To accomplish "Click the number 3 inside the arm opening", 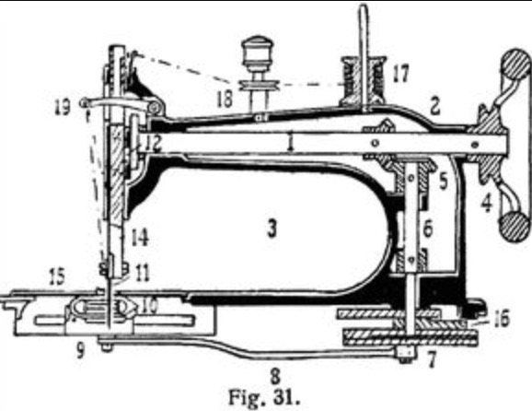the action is coord(272,229).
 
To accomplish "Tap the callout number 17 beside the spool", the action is coord(400,73).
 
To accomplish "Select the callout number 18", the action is coord(225,99).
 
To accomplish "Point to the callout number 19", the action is coord(63,107).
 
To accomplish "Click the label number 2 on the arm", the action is coord(435,106).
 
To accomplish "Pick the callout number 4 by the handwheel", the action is coord(487,204).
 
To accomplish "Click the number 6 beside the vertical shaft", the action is coord(428,229).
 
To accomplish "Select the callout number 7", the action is coord(431,360).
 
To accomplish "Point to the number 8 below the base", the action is coord(275,376).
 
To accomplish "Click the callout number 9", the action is coord(80,350).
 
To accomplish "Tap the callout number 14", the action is coord(140,237).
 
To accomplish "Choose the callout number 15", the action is coord(57,276).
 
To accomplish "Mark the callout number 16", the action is coord(503,319).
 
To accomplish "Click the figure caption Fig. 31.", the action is coord(265,397).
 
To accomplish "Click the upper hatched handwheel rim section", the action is coord(515,65).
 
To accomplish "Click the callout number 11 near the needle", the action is coord(142,273).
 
